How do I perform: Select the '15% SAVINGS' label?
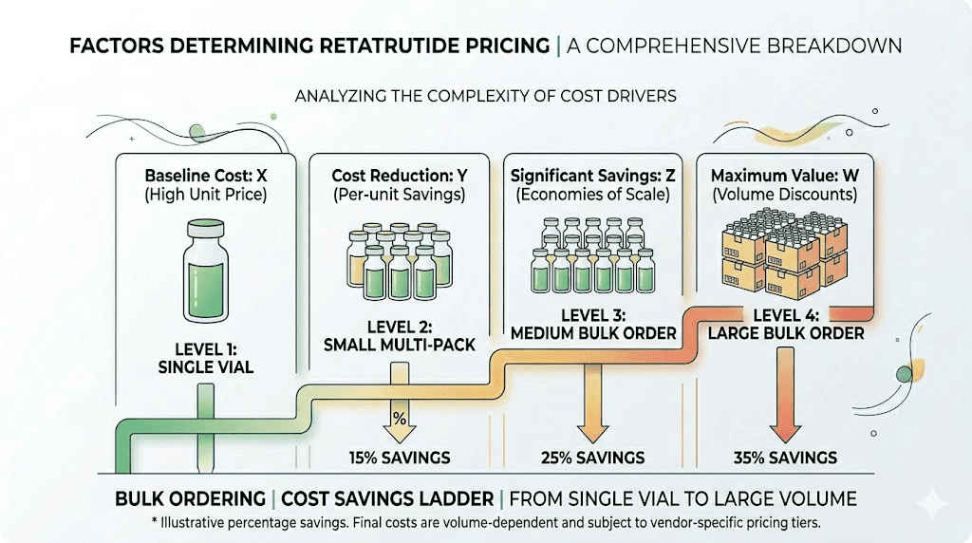[x=400, y=458]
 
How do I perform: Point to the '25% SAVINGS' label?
[x=593, y=458]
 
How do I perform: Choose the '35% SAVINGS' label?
[x=786, y=458]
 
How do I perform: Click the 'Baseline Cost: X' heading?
[x=206, y=176]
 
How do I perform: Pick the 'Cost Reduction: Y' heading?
[x=400, y=176]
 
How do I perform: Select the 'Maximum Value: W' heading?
[x=785, y=176]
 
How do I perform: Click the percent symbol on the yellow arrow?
[x=400, y=419]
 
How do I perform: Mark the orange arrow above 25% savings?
[x=592, y=399]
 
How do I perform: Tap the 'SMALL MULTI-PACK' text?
[x=400, y=345]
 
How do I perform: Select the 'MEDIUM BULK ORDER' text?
[x=591, y=332]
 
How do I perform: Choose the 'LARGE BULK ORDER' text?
[x=786, y=333]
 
